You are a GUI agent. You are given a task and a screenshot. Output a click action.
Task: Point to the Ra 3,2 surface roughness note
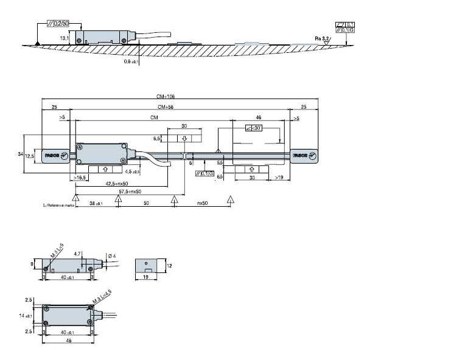coord(322,38)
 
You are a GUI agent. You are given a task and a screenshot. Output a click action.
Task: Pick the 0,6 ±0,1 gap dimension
coord(131,62)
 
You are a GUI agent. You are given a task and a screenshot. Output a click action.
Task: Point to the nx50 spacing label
coord(203,204)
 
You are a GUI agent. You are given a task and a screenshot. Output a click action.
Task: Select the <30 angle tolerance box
coord(253,128)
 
